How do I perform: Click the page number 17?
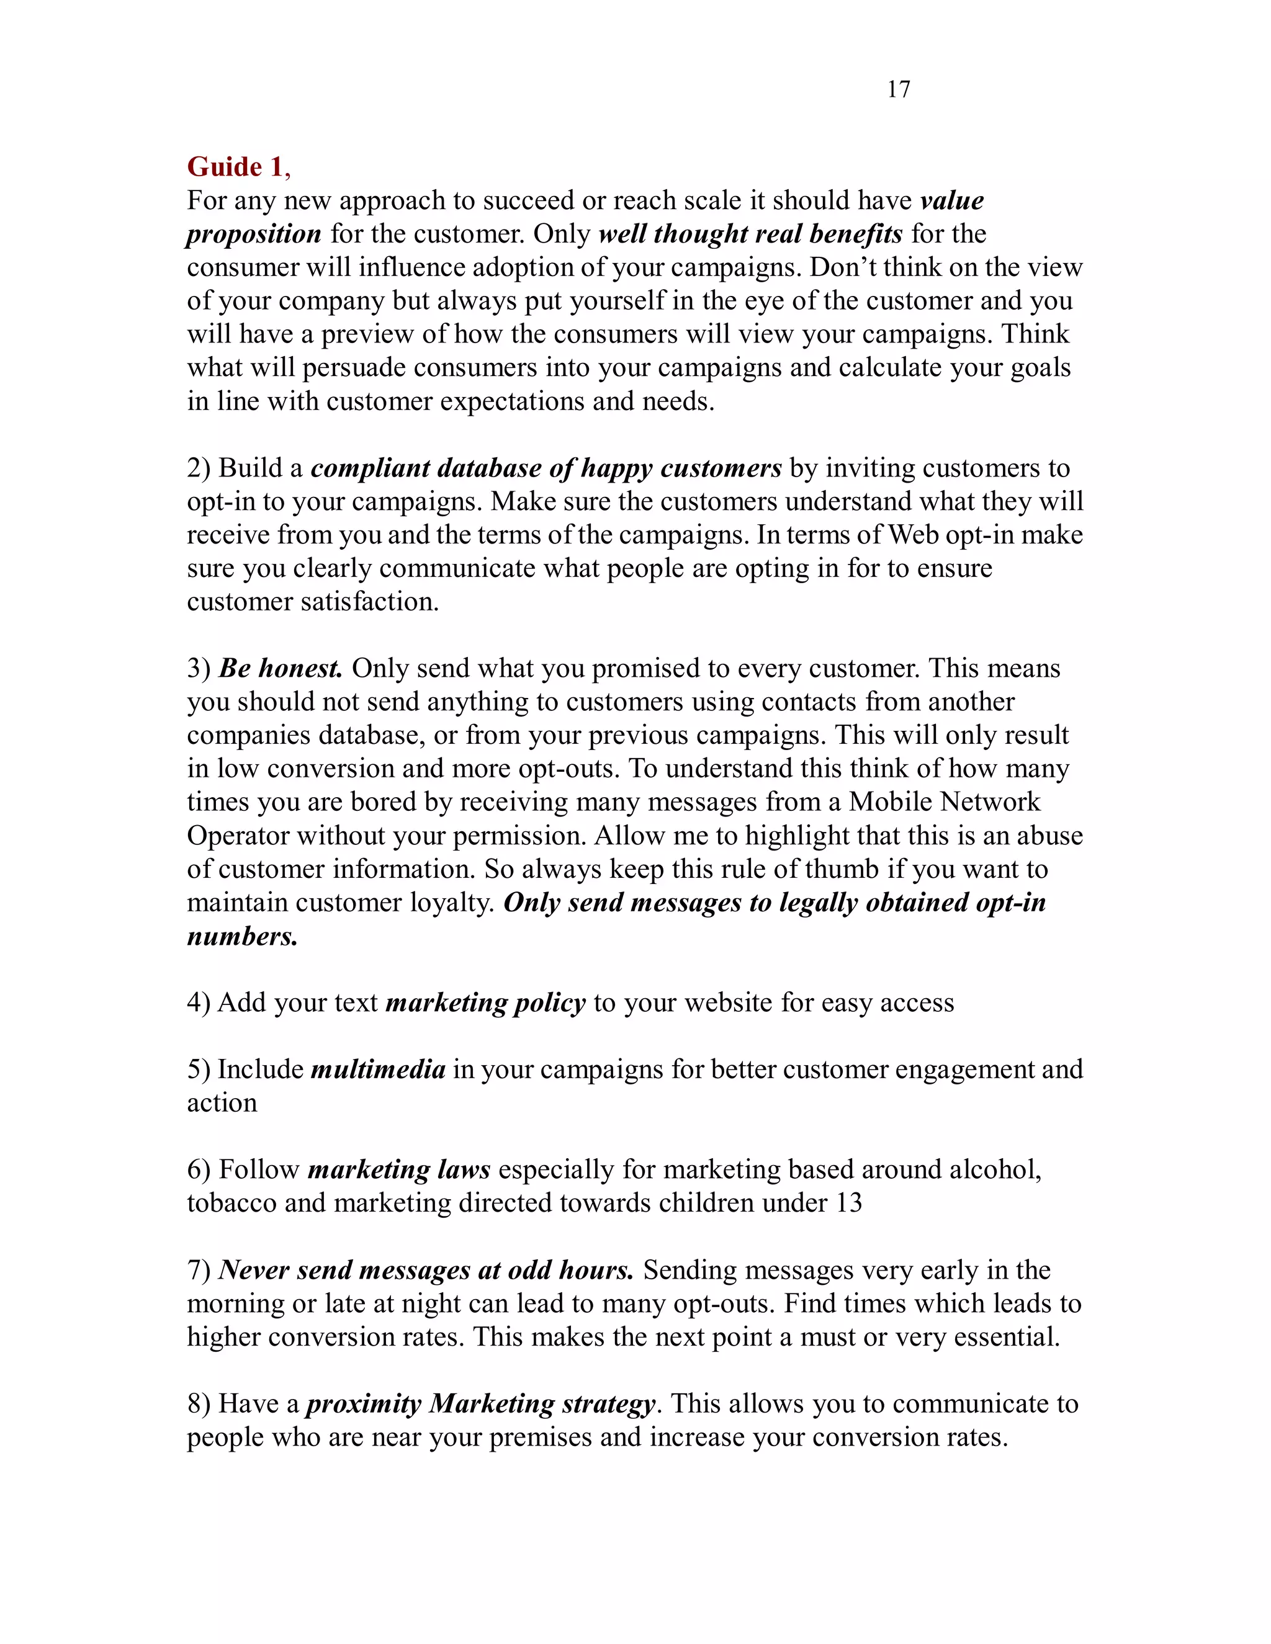[x=898, y=89]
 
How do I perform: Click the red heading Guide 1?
[x=236, y=166]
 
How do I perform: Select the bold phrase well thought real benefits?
[x=750, y=234]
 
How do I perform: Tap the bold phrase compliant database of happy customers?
[x=546, y=468]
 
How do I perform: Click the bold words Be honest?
[x=280, y=668]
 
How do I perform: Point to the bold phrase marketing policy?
[x=486, y=1003]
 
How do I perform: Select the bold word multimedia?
[x=378, y=1070]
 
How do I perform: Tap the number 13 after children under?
[x=848, y=1203]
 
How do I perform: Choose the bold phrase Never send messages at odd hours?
[x=425, y=1270]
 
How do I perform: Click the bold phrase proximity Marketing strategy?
[x=480, y=1404]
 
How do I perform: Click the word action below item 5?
[x=222, y=1103]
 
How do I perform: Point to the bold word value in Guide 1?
[x=952, y=201]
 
